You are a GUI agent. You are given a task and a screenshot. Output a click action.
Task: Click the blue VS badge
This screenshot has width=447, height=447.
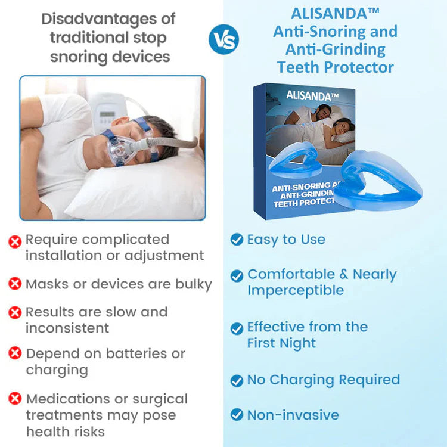click(x=223, y=40)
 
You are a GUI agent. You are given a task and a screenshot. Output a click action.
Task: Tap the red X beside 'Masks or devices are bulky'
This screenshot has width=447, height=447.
click(x=15, y=284)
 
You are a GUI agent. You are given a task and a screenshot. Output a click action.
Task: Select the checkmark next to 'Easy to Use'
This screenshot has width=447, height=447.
click(x=237, y=240)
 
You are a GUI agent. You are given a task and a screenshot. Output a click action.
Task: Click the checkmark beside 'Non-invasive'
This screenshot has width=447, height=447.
click(x=237, y=415)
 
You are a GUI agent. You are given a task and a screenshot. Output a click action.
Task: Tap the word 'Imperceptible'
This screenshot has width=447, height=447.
click(x=296, y=290)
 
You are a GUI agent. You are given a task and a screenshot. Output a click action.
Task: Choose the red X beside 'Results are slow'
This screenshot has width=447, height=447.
click(x=15, y=312)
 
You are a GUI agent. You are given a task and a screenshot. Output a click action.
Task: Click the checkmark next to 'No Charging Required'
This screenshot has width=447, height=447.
click(x=237, y=380)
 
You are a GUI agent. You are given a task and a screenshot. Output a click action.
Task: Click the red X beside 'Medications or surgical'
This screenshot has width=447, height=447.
click(x=15, y=399)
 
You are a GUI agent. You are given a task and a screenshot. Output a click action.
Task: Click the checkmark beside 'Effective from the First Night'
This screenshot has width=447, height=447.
click(x=237, y=328)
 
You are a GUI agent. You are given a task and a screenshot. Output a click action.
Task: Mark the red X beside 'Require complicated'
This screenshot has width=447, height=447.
click(x=15, y=240)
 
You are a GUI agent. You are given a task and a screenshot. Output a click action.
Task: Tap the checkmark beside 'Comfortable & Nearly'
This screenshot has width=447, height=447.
click(x=237, y=275)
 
